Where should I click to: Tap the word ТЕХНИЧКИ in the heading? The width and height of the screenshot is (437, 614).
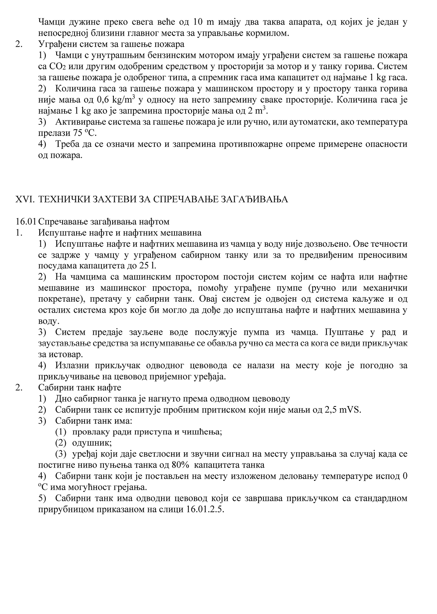tap(65, 199)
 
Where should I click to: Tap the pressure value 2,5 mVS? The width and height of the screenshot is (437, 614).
tap(344, 410)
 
